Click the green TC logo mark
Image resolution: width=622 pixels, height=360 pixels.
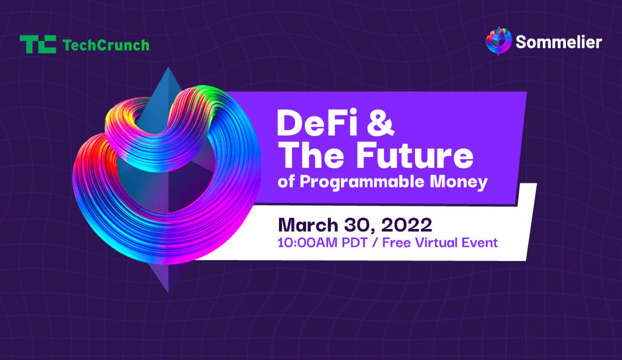[38, 44]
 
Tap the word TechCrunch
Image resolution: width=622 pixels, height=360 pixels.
[106, 45]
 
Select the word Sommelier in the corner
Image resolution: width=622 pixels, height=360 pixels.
[559, 42]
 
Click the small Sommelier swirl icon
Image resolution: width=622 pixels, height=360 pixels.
[498, 41]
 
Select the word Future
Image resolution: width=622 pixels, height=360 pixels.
[415, 155]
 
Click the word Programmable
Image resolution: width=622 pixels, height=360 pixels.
[362, 183]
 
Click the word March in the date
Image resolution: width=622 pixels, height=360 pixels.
[307, 225]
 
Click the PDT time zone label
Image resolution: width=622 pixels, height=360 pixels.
[355, 243]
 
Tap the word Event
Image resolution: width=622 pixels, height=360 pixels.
[479, 243]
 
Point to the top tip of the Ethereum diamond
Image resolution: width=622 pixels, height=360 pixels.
[168, 67]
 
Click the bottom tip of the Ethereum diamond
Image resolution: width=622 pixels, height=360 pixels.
[168, 293]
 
